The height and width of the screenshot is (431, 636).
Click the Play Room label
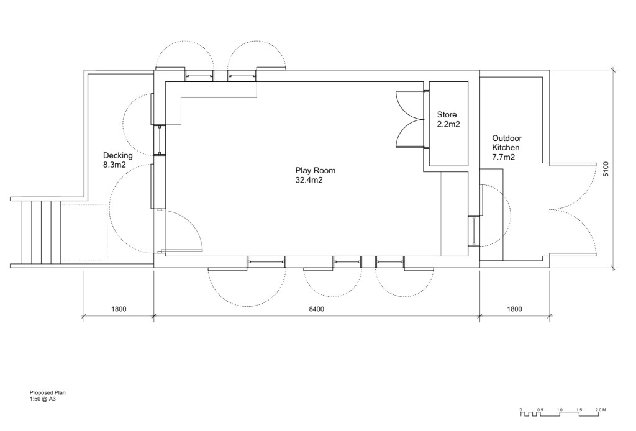coord(315,171)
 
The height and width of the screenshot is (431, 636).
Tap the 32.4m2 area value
coord(309,181)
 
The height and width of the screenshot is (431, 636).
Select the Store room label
coord(447,115)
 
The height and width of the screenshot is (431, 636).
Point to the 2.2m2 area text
coord(448,124)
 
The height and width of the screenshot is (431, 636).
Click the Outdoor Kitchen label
coord(507,143)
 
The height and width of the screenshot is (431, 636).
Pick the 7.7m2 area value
coord(503,157)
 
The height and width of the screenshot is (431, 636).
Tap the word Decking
coord(117,156)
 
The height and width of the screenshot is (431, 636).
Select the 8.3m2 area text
coord(114,165)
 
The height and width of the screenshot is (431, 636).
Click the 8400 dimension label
coord(317,309)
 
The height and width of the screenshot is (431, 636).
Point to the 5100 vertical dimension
coord(606,169)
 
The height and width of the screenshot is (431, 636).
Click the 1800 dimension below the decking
coord(119,309)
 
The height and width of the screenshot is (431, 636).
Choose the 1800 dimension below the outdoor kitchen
coord(514,309)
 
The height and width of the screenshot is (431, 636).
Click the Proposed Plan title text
coord(47,393)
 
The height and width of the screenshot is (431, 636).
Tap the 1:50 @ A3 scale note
coord(43,399)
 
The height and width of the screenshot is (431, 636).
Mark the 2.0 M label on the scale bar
coord(601,410)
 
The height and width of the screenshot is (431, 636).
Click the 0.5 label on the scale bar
coord(540,410)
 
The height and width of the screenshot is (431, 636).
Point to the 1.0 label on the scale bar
coord(560,410)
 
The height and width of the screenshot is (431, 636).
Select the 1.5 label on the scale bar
coord(579,410)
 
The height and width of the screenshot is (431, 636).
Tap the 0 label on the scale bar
coord(521,410)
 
